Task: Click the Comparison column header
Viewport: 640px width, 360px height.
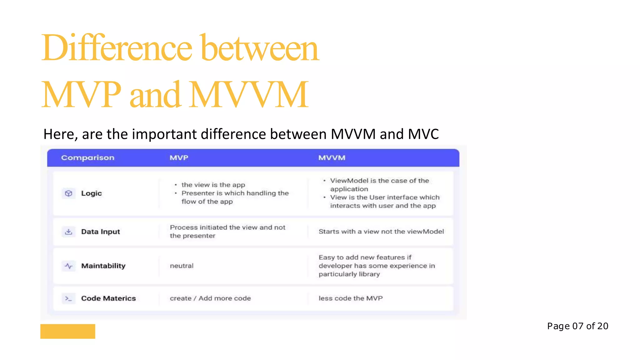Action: (87, 158)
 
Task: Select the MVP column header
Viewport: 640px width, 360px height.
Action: (179, 158)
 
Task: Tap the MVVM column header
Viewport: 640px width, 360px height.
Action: (332, 158)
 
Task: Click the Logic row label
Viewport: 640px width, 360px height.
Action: (91, 193)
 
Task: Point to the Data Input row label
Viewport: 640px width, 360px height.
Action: (100, 232)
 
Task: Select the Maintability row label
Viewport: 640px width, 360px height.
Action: (103, 266)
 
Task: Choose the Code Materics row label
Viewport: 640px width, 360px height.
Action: (108, 298)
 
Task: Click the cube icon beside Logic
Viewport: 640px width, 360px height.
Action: (68, 193)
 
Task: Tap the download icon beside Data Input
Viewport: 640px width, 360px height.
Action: (68, 232)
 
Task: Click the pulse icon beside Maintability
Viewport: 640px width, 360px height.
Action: (68, 266)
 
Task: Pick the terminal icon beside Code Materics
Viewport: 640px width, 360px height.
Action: (68, 298)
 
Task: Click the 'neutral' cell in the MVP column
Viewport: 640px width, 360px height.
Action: (182, 266)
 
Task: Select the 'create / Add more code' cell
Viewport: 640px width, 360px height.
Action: (210, 298)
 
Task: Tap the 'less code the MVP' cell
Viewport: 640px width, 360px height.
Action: (350, 298)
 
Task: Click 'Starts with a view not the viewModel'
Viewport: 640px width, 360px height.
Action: (381, 232)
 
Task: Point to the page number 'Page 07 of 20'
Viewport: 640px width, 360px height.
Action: (577, 326)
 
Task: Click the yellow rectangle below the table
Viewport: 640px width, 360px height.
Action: (67, 331)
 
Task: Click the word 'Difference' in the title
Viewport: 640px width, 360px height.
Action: (117, 48)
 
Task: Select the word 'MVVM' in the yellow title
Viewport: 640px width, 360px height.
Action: (249, 94)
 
